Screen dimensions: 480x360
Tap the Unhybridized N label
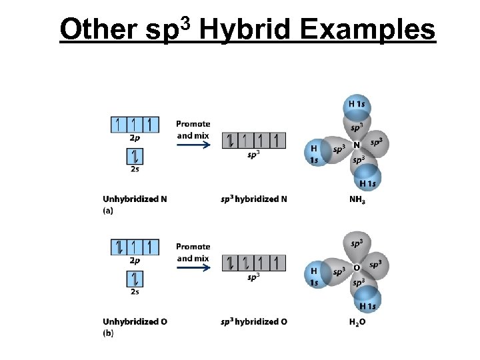135,199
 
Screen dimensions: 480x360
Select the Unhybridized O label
135,321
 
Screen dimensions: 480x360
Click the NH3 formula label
358,199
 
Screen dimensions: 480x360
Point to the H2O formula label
358,321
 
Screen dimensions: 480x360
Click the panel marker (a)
108,210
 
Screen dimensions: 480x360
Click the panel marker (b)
108,333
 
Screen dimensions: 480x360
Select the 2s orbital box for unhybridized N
135,157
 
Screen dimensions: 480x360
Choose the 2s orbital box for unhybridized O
135,279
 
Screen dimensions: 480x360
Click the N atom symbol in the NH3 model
357,144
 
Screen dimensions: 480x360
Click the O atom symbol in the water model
357,267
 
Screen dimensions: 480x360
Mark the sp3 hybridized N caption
254,199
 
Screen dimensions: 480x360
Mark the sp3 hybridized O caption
254,321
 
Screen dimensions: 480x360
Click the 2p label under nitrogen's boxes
135,138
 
